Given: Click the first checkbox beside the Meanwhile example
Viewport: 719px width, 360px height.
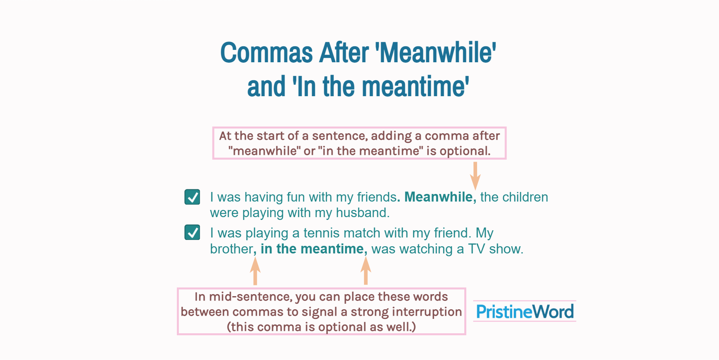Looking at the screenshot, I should point(192,197).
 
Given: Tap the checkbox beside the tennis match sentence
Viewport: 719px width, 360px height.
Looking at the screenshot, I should point(192,232).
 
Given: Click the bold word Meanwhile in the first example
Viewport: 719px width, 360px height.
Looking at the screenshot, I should point(438,197).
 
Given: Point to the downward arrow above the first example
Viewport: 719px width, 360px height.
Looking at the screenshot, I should point(475,176).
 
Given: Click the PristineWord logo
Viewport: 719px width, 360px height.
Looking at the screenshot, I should point(525,311).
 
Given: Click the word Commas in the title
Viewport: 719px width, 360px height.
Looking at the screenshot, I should point(266,53).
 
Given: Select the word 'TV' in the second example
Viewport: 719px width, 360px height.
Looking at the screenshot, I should point(476,249).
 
